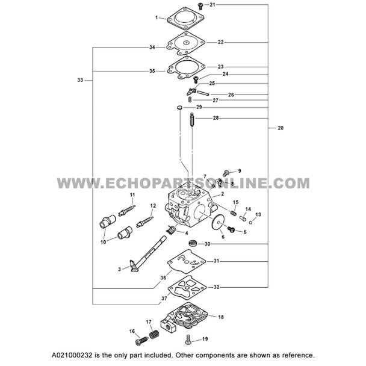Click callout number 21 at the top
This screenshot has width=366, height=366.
(212, 5)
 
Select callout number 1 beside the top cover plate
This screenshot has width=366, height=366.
(157, 18)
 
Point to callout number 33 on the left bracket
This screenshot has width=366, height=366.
(81, 79)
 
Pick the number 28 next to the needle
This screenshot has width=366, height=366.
(216, 119)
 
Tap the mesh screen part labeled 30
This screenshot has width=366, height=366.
(193, 244)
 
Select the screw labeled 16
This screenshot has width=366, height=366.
(142, 341)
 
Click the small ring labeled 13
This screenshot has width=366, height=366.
(251, 220)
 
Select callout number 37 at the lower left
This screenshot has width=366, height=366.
(164, 298)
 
